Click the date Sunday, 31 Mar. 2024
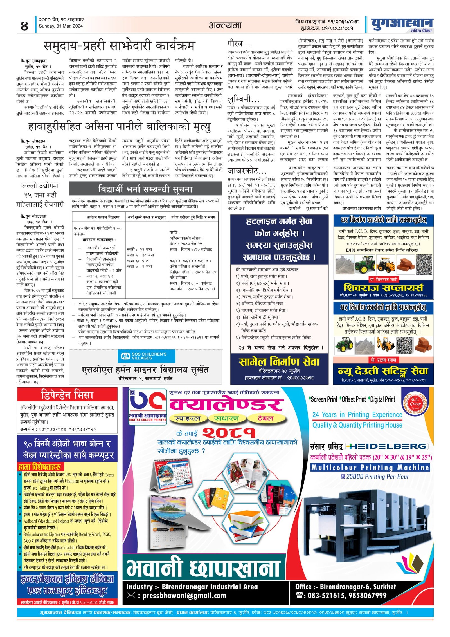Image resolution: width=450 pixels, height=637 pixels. [x=61, y=26]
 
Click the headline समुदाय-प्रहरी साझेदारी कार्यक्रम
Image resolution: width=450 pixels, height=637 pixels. [x=119, y=46]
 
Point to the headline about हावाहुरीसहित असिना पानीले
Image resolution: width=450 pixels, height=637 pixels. [x=119, y=126]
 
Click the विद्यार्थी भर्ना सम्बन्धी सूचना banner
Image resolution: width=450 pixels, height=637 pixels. [x=145, y=189]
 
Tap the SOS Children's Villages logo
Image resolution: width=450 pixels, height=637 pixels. [x=146, y=356]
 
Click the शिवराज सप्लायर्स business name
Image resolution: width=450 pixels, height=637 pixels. [x=383, y=288]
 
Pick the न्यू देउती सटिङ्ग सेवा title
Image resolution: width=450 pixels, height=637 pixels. [x=383, y=371]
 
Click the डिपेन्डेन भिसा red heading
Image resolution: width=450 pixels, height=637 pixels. [x=67, y=395]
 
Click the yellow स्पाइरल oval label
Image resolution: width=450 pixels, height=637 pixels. [x=187, y=419]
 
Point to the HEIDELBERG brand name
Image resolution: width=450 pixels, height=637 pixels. [x=387, y=446]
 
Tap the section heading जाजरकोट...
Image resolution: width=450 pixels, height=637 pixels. [x=247, y=171]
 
